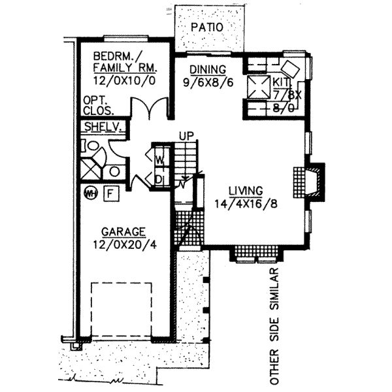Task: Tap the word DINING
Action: (x=208, y=70)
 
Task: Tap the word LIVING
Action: (x=246, y=190)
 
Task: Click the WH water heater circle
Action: (x=91, y=193)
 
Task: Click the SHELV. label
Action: (x=100, y=127)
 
